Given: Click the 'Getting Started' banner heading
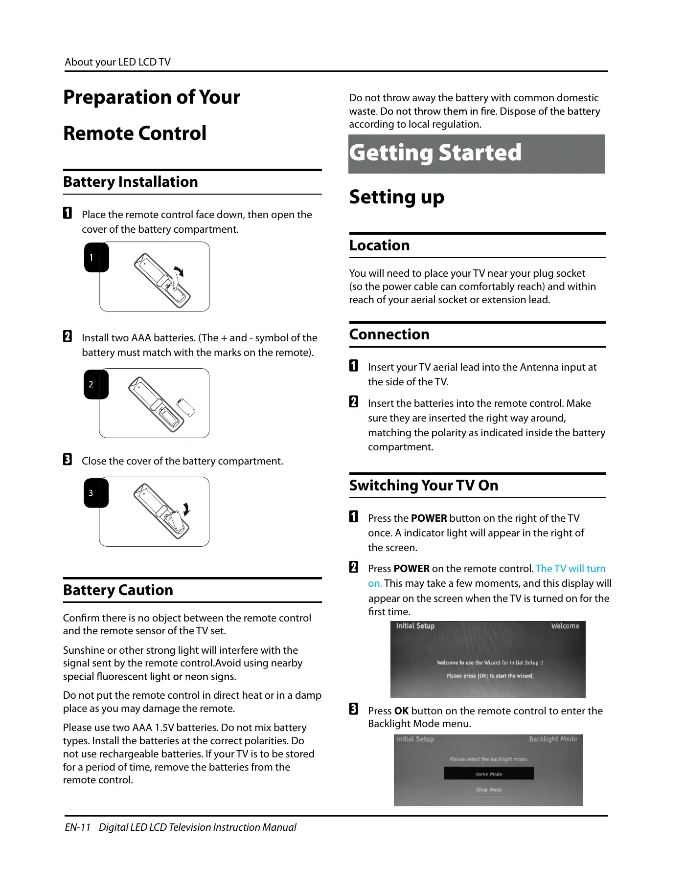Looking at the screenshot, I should [x=435, y=153].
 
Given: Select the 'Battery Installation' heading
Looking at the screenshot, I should [x=131, y=182].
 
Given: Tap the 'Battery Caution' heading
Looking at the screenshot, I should [x=118, y=590].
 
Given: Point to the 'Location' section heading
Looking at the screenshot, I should [x=379, y=245].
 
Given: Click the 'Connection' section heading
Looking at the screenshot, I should [x=389, y=334].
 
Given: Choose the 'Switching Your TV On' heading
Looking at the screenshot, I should [x=424, y=486].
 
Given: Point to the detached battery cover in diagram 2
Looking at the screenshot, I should [x=186, y=407].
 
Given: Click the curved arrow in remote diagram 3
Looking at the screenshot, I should [x=186, y=509].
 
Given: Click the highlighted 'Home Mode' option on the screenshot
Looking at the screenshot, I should [x=489, y=774].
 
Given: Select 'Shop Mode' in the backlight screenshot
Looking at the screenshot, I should [x=489, y=790].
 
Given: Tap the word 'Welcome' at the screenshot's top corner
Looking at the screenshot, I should [x=565, y=626].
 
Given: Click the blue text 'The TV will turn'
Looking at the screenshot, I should [x=571, y=569].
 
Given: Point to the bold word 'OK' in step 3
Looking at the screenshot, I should [x=401, y=711].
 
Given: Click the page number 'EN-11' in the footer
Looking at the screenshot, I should [x=78, y=827].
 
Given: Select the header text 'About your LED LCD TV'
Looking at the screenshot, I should [x=117, y=62].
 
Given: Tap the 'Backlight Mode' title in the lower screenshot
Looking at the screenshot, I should [x=553, y=739].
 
